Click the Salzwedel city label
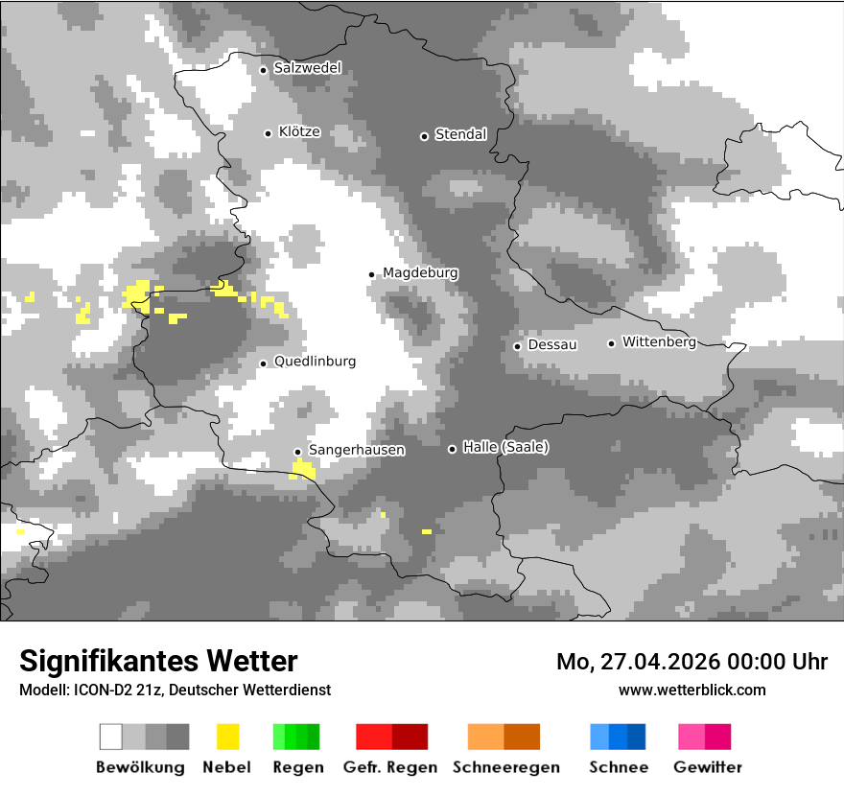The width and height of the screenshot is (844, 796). click(x=307, y=68)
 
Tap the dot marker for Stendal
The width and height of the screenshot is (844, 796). click(x=424, y=136)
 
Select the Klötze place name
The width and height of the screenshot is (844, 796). click(x=299, y=131)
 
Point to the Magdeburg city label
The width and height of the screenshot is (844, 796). click(x=420, y=273)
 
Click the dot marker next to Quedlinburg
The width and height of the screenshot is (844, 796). click(x=263, y=363)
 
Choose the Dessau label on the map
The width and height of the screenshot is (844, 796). click(x=552, y=344)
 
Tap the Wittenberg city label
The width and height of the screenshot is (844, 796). click(x=659, y=341)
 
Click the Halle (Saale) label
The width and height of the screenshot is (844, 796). click(x=505, y=447)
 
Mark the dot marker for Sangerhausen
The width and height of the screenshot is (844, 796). click(x=297, y=452)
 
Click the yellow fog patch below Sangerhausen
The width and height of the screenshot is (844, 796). click(x=303, y=469)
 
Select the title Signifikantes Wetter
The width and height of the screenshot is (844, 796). click(x=158, y=662)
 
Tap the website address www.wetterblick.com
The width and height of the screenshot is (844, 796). click(x=692, y=690)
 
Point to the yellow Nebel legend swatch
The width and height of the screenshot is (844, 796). click(x=227, y=737)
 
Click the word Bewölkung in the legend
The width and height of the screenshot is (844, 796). click(x=140, y=767)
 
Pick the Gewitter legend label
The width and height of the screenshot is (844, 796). click(x=707, y=767)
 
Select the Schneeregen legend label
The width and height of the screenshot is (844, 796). click(x=505, y=767)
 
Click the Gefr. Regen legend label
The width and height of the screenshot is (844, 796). click(x=389, y=767)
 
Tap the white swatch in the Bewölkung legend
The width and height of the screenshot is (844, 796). click(x=111, y=737)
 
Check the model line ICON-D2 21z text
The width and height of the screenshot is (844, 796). click(x=175, y=690)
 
